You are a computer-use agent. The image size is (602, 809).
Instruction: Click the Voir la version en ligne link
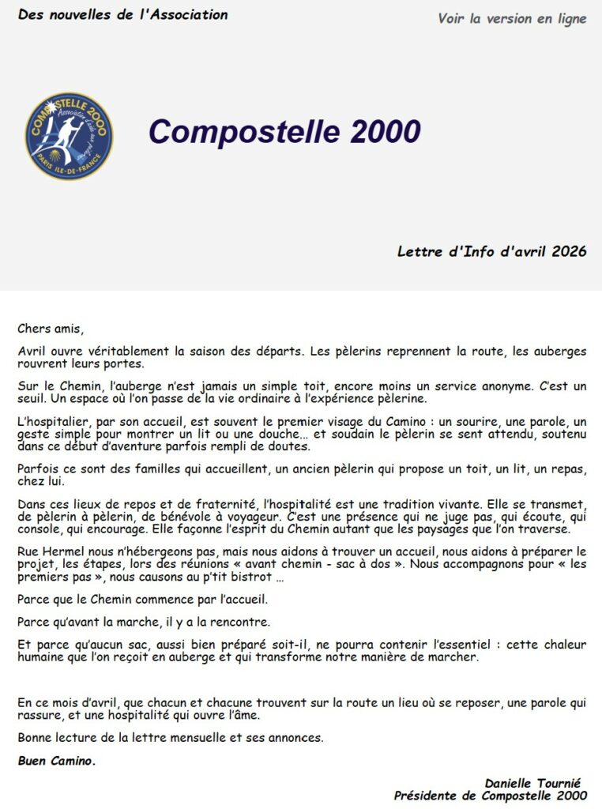pos(512,19)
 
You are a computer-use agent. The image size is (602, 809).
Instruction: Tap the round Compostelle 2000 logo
pos(69,136)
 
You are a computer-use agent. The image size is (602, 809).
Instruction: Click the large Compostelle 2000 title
pos(284,132)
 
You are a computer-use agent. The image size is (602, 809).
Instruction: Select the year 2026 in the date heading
pos(569,251)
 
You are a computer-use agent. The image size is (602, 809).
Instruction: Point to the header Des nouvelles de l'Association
pos(122,15)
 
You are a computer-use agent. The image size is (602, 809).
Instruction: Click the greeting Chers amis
pos(50,329)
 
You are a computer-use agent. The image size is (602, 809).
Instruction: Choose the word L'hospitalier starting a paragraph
pos(48,420)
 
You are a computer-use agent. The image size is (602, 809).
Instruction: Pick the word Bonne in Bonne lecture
pos(36,738)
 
